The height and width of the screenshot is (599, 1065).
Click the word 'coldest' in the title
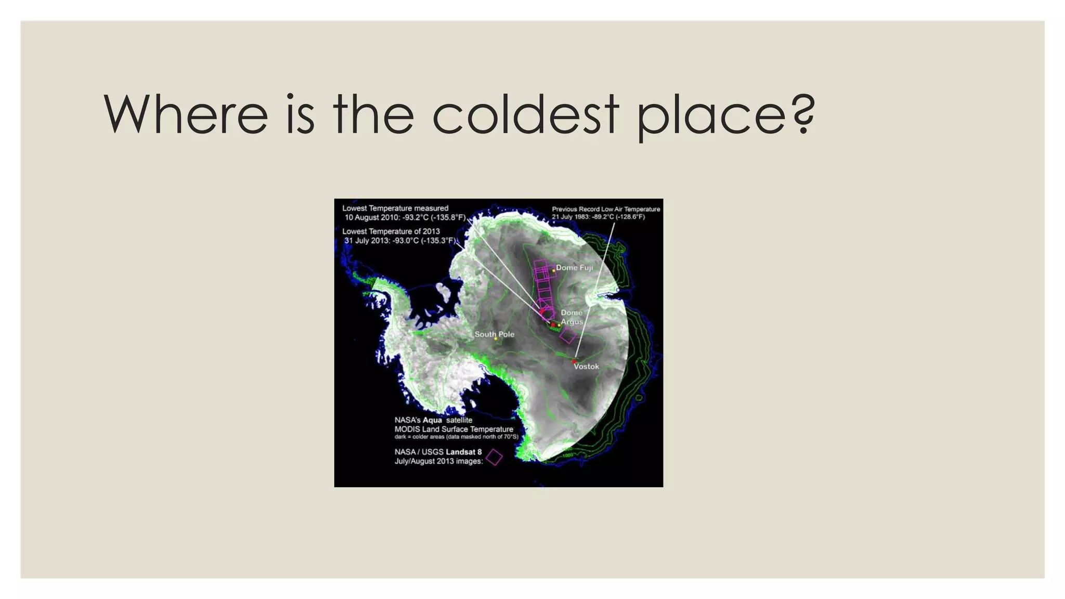click(525, 114)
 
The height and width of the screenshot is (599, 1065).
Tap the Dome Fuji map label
click(574, 268)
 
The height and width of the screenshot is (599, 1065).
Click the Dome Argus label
click(572, 317)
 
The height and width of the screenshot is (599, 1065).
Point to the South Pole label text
click(494, 334)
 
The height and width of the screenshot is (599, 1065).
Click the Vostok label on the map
click(586, 367)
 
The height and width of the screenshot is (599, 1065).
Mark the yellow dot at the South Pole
click(496, 339)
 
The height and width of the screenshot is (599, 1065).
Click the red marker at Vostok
click(575, 361)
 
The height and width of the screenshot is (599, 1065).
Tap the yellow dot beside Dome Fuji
click(553, 271)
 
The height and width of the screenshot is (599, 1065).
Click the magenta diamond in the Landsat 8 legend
click(494, 457)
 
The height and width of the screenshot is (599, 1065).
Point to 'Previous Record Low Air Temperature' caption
click(606, 209)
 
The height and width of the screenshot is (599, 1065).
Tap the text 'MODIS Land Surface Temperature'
click(453, 429)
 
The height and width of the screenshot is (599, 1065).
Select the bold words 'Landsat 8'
click(463, 452)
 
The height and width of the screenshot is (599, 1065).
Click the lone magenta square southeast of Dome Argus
click(567, 335)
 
